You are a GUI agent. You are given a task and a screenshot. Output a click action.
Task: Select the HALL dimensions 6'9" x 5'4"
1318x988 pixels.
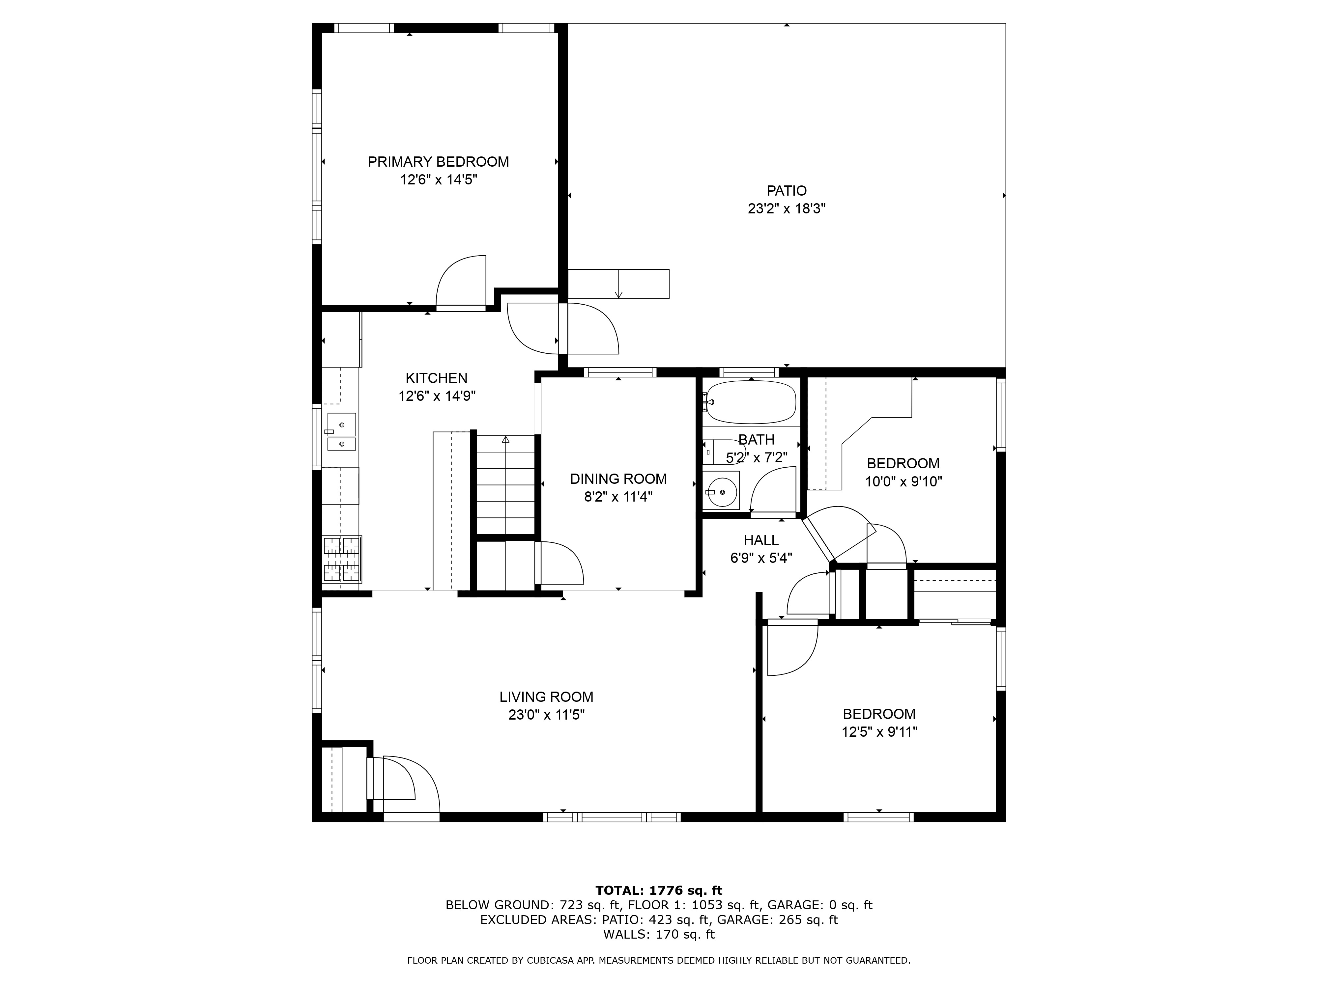(761, 558)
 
